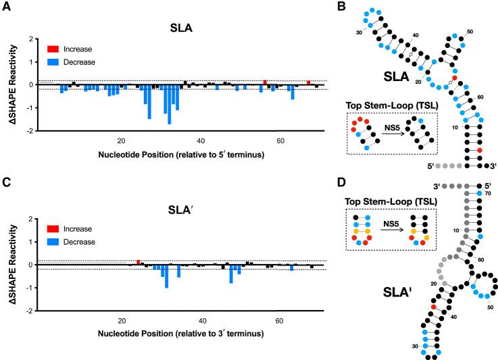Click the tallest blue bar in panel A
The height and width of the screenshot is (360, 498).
pos(169,105)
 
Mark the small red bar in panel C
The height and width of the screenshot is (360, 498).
pos(138,262)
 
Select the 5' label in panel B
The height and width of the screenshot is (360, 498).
pos(427,165)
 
